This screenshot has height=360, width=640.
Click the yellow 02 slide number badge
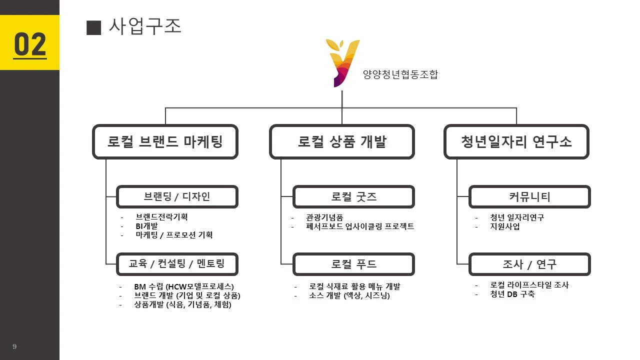coord(29,43)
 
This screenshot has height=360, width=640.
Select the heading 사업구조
coord(144,26)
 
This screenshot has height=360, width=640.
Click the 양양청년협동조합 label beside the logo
coord(400,75)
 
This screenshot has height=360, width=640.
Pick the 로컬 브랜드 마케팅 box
coord(165,142)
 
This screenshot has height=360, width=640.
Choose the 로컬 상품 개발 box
coord(342,142)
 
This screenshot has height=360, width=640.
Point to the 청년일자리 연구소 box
coord(516,142)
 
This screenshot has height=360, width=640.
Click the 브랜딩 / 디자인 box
coord(177,197)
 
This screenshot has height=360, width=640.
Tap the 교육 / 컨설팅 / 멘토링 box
coord(177,264)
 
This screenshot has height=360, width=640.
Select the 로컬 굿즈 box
coord(353,197)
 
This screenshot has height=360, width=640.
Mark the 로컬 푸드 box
coord(353,264)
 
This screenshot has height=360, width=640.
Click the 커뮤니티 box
coord(529,197)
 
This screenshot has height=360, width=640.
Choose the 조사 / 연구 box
coord(529,264)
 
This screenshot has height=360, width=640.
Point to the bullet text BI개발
coord(146,226)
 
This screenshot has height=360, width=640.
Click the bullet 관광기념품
coord(324,217)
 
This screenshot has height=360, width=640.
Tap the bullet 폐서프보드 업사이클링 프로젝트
coord(360,226)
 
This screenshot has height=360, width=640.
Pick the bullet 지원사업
coord(505,226)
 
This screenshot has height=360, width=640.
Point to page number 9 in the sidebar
coord(14,346)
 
